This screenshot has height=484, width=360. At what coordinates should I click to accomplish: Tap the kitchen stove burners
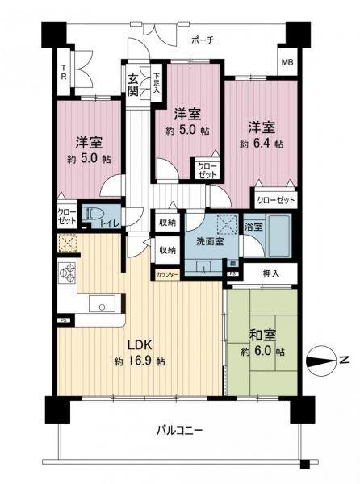(66, 274)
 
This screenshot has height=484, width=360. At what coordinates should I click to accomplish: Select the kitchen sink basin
(103, 304)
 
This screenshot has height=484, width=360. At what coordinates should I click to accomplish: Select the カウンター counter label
(168, 275)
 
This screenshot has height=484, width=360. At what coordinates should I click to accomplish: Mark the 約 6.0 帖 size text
(262, 353)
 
